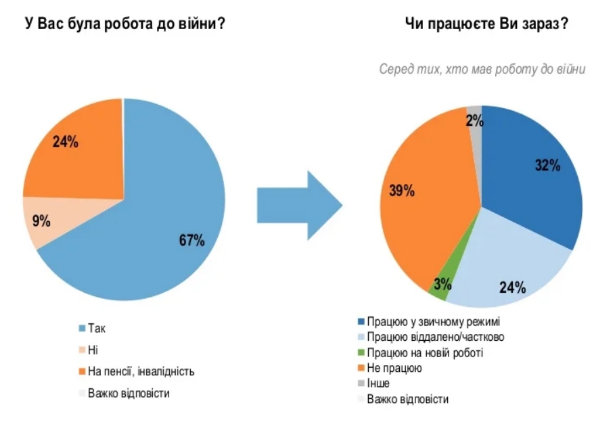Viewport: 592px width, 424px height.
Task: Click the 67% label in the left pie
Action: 191,240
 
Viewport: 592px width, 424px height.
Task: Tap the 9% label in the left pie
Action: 41,219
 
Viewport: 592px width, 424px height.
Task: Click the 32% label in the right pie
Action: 547,165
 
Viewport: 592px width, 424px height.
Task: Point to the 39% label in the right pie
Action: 401,191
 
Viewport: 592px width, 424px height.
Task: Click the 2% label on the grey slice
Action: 474,121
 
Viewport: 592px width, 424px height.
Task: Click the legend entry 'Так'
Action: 97,328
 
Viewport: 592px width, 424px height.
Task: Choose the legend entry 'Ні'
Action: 93,350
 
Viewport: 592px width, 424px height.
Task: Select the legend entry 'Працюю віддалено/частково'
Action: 434,337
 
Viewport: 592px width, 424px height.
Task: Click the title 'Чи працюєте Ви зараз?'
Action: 486,24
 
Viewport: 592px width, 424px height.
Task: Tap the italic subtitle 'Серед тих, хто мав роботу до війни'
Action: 482,70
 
